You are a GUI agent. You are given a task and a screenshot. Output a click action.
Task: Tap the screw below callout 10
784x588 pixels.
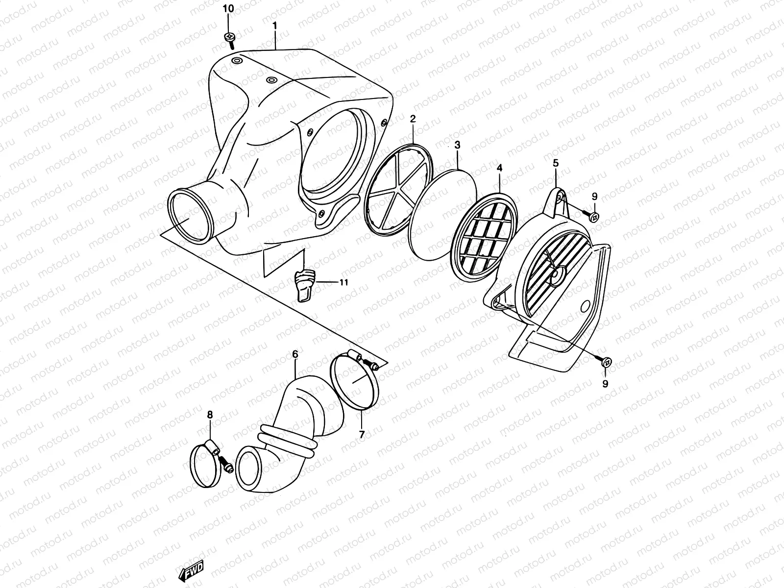[229, 39]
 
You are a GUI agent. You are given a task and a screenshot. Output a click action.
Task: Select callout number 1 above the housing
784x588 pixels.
[275, 24]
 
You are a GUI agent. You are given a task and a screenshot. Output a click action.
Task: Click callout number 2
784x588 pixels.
[413, 119]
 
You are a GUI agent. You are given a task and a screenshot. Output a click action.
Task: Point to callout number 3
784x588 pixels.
[457, 145]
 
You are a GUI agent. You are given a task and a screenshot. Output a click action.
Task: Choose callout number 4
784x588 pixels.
[499, 168]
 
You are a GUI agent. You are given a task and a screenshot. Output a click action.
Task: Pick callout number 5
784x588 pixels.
[556, 162]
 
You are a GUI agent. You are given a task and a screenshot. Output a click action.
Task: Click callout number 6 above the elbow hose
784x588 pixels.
[295, 353]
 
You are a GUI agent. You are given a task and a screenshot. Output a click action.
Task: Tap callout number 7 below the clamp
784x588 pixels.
[362, 434]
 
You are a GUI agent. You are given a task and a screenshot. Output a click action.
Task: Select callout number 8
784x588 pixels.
[210, 415]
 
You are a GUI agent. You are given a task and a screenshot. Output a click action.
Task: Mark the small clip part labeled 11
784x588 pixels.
[303, 285]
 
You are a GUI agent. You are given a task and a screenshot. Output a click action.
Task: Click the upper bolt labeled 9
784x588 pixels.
[594, 216]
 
